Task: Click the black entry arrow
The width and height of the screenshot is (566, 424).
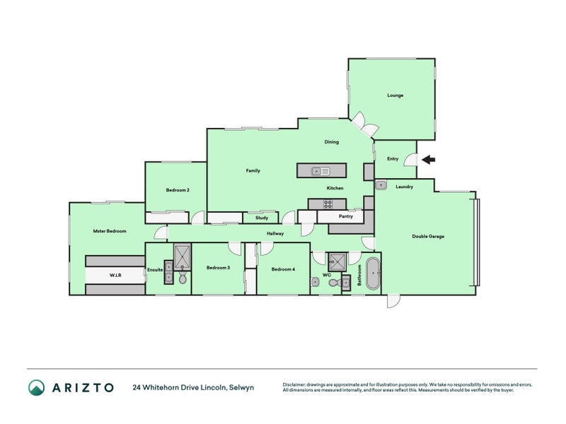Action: pos(429,160)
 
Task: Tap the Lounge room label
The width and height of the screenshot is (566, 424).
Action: pos(395,95)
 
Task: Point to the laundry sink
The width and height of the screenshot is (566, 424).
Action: pos(381,186)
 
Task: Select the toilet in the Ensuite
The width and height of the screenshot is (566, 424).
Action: pos(183,279)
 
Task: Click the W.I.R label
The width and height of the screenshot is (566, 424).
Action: pos(115,274)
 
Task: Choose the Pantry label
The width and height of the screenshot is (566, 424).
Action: pos(345,216)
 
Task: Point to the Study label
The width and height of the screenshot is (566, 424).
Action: pos(262,218)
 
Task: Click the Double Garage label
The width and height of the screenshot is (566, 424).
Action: pos(428,236)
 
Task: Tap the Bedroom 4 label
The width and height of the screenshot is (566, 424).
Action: pos(283,269)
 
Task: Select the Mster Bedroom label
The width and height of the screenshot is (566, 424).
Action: pos(110,231)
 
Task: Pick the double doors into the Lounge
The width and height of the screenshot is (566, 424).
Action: pos(366,125)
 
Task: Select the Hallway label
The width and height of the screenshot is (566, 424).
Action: pos(275,233)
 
